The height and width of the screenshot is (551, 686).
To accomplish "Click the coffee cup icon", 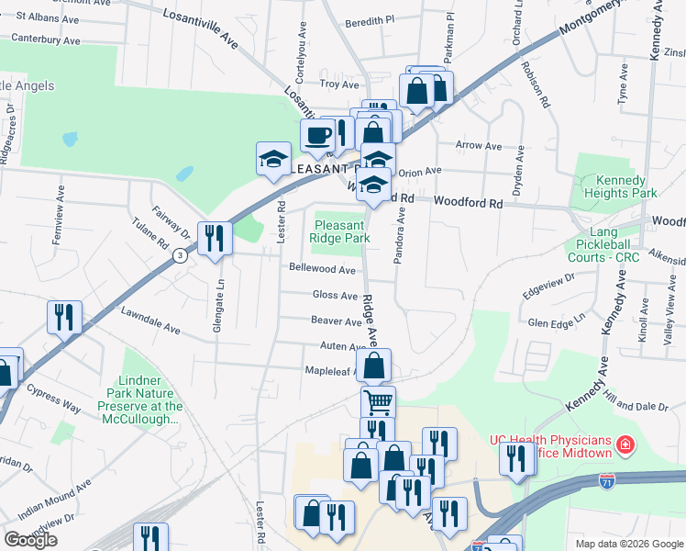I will tap(318, 136).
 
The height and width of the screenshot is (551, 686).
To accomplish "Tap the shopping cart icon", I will tap(378, 401).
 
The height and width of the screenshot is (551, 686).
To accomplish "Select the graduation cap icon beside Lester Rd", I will tap(273, 160).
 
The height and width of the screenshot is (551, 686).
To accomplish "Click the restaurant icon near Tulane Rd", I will tap(216, 239).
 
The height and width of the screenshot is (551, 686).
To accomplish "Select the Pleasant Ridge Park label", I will tap(342, 231).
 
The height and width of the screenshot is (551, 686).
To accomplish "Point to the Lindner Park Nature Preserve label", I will tap(150, 399).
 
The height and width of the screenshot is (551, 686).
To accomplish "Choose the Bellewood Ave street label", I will tap(322, 269).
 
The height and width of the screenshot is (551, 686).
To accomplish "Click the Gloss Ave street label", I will tap(335, 296).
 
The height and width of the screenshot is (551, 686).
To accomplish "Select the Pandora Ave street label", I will tap(399, 237).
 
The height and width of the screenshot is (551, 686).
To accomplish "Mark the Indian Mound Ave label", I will tap(58, 495).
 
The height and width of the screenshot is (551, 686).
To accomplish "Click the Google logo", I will tap(30, 540).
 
